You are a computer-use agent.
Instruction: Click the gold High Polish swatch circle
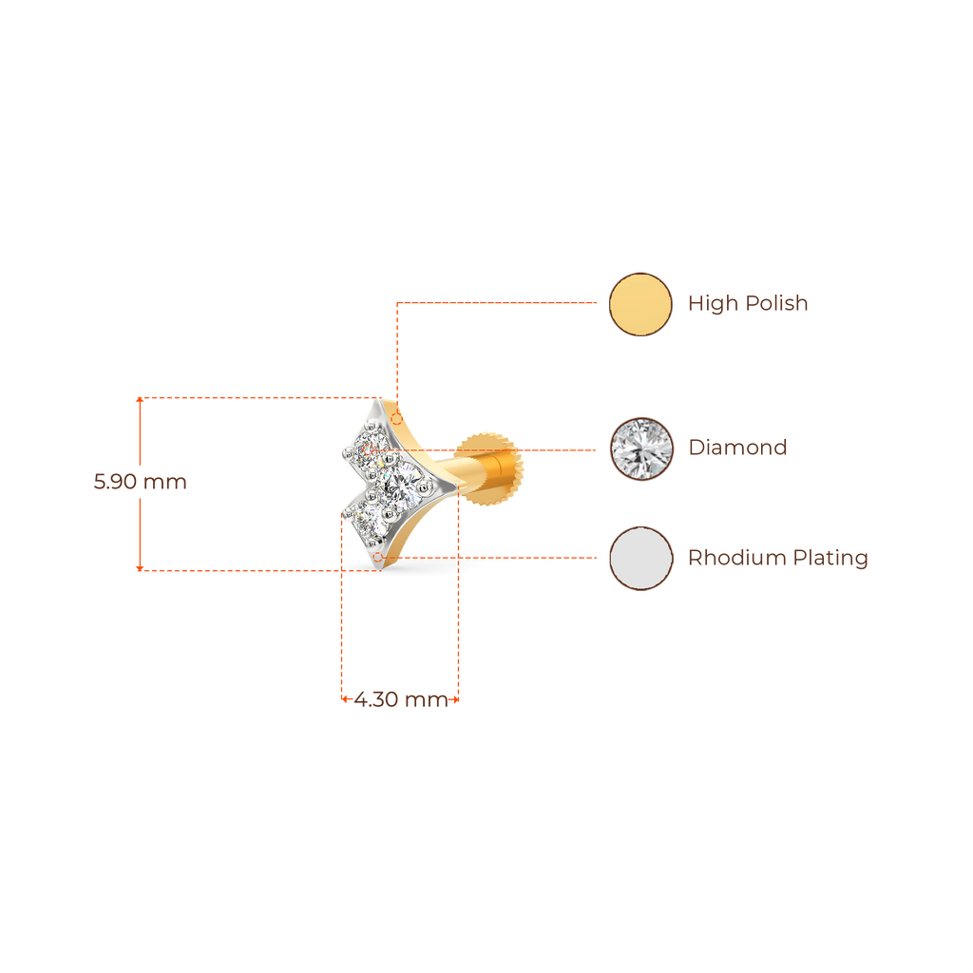point(640,304)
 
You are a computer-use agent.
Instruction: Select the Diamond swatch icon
point(640,448)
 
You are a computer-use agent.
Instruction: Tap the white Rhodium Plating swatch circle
point(640,558)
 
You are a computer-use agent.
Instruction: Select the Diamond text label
point(737,448)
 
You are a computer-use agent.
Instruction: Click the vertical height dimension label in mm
point(140,482)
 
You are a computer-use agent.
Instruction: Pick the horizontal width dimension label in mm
point(400,701)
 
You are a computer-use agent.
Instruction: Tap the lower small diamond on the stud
point(365,517)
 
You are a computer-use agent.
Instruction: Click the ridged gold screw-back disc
point(490,466)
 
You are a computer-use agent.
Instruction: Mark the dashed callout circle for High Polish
point(397,418)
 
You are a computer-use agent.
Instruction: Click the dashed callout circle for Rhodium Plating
point(378,557)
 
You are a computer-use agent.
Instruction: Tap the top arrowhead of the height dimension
point(141,401)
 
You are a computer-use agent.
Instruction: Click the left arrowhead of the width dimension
point(344,701)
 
